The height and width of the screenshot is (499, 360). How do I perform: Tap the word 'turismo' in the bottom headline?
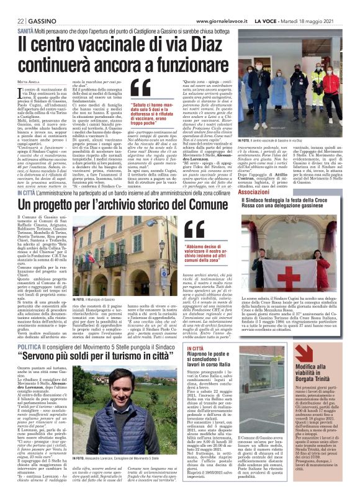point(128,359)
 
